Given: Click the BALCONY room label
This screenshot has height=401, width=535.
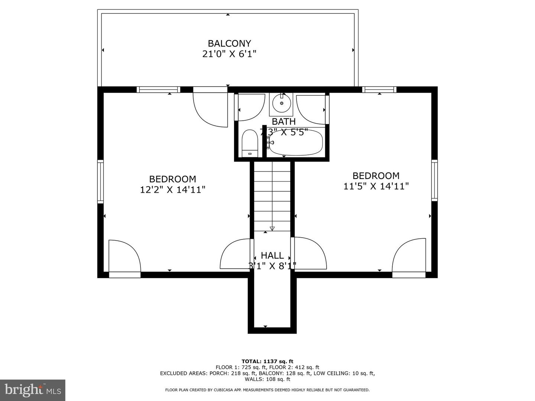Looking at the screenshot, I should [x=229, y=43].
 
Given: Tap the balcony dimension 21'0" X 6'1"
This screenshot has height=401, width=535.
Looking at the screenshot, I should [x=229, y=54].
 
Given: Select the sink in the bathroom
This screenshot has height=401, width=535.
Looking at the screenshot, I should [x=281, y=103].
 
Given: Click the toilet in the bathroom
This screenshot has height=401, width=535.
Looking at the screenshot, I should [x=250, y=143].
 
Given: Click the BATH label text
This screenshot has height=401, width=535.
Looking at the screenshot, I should [x=283, y=121].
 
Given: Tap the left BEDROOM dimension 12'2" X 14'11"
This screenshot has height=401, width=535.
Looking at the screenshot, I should [x=172, y=190].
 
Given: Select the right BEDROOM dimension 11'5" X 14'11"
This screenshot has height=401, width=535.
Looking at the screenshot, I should [x=376, y=186].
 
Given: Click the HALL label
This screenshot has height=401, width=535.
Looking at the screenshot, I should [x=272, y=255].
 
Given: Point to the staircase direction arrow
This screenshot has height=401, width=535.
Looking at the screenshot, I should [x=272, y=228].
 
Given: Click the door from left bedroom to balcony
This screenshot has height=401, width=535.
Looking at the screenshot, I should [x=210, y=108].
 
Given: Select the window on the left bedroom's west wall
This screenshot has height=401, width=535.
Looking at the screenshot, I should [x=100, y=181].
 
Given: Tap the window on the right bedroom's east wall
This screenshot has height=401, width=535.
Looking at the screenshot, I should [x=434, y=180].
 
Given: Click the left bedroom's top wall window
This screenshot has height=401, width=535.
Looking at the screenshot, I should [x=158, y=89].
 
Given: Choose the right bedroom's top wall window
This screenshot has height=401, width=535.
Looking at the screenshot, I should [x=379, y=89].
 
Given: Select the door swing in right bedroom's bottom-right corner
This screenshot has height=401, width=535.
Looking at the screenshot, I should [x=409, y=256].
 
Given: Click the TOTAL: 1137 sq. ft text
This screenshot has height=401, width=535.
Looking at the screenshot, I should [x=267, y=361].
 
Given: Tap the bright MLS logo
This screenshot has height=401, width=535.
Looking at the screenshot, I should [x=33, y=390].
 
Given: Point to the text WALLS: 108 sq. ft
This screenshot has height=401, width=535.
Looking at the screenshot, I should [x=267, y=379].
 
